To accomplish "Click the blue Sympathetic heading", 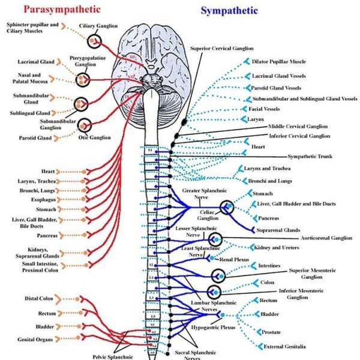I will tap(229, 10).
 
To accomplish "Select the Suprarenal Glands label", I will tap(278, 229).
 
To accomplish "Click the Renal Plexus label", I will tap(234, 260).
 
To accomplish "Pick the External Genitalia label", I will tap(284, 346).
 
